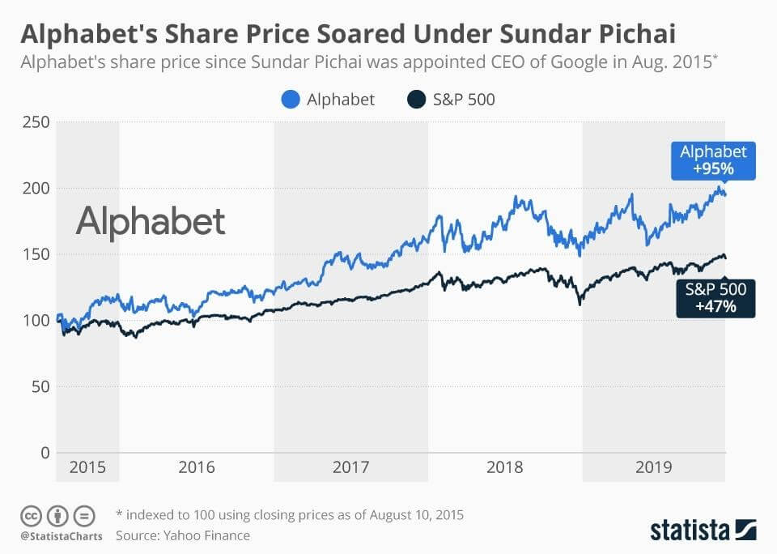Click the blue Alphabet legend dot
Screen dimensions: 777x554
coord(291,99)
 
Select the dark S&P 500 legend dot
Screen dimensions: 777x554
coord(416,99)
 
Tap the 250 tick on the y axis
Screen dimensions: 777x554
coord(36,122)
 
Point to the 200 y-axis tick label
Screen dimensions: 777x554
coord(36,188)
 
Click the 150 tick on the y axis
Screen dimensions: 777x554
coord(36,254)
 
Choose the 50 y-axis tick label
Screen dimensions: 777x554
coord(40,386)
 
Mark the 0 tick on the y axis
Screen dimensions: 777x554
coord(45,452)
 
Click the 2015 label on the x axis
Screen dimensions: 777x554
coord(87,467)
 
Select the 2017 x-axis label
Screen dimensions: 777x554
coord(350,467)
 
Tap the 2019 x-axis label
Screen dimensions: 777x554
coord(654,467)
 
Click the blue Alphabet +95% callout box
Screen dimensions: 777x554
coord(713,160)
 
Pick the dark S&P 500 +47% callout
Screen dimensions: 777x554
coord(715,298)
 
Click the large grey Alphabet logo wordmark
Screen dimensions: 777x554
coord(151,222)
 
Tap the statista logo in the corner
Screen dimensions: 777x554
coord(703,530)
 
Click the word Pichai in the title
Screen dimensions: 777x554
coord(637,34)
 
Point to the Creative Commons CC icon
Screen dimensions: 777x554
coord(31,516)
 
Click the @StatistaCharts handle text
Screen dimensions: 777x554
coord(62,536)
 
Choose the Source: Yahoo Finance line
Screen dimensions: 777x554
coord(183,535)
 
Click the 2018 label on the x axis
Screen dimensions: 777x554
coord(504,467)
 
